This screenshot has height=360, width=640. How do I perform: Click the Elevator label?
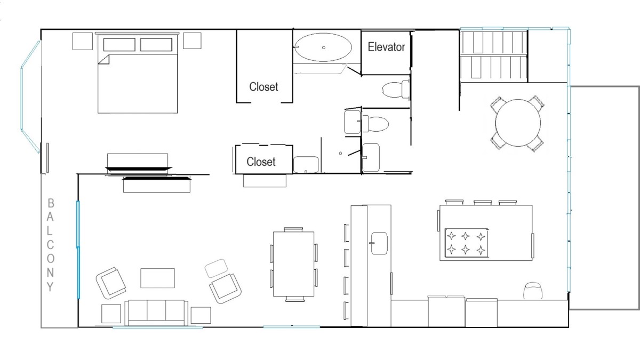(386, 47)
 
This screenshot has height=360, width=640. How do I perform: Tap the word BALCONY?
(50, 245)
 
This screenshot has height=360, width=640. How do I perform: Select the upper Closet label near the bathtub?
(263, 86)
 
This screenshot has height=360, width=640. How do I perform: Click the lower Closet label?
(261, 162)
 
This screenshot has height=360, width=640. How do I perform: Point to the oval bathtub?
(323, 47)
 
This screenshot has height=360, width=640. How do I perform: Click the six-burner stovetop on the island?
(466, 243)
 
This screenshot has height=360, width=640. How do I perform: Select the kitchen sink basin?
(379, 243)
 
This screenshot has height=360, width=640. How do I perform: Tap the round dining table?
(518, 123)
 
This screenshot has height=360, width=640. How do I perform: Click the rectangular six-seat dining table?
(293, 264)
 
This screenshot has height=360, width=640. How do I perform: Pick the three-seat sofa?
(156, 313)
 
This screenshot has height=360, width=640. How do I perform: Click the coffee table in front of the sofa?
(157, 278)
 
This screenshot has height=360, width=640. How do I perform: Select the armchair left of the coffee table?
(111, 283)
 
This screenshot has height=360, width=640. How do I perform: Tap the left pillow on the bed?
(119, 45)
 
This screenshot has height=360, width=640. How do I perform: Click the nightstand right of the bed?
(192, 41)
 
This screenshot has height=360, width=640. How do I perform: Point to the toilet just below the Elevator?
(396, 89)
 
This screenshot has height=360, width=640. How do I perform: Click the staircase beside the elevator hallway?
(493, 55)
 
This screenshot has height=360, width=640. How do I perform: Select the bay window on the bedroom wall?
(30, 97)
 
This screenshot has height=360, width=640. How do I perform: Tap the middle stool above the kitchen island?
(483, 203)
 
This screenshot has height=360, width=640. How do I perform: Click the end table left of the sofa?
(111, 314)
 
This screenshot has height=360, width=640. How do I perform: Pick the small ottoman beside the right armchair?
(217, 268)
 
